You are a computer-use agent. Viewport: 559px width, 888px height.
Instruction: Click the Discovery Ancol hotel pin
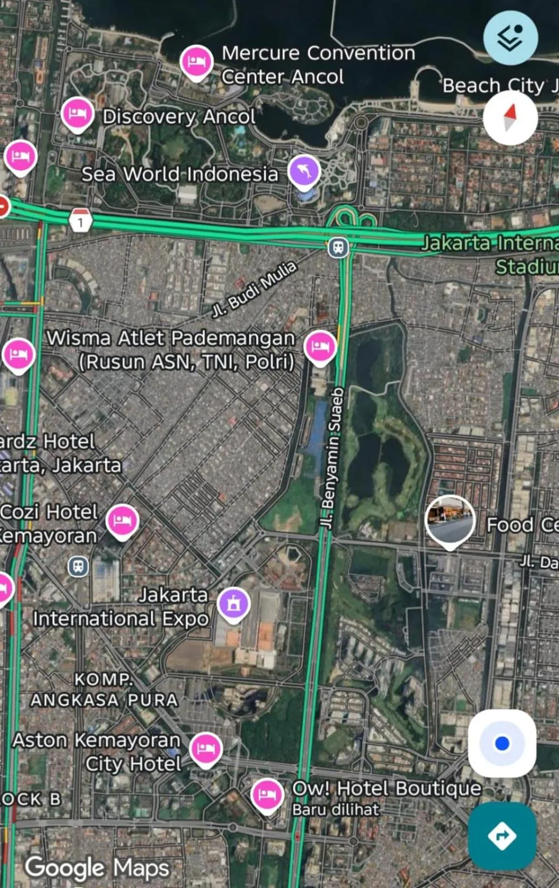pyautogui.click(x=77, y=114)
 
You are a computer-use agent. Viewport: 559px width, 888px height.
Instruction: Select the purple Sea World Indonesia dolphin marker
pyautogui.click(x=304, y=171)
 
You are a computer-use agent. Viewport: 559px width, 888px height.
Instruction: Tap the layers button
pyautogui.click(x=510, y=38)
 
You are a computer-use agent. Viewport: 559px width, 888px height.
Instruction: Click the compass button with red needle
pyautogui.click(x=510, y=118)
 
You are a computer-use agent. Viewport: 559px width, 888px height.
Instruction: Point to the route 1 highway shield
pyautogui.click(x=81, y=221)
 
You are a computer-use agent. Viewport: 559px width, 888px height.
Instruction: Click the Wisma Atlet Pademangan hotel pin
pyautogui.click(x=320, y=347)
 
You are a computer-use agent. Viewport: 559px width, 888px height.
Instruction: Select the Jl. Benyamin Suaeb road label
pyautogui.click(x=332, y=458)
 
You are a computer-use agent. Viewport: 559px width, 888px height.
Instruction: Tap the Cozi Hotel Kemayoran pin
pyautogui.click(x=122, y=521)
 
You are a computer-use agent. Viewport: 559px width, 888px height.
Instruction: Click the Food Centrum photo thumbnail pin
pyautogui.click(x=450, y=520)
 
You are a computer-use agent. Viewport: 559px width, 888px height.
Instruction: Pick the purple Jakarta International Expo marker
pyautogui.click(x=233, y=603)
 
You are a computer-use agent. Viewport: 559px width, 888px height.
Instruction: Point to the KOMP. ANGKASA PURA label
pyautogui.click(x=104, y=689)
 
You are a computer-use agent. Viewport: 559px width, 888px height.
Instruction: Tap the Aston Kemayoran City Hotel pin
pyautogui.click(x=206, y=749)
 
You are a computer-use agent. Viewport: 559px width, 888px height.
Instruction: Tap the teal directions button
pyautogui.click(x=502, y=835)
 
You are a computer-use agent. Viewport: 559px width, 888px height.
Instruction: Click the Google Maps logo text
pyautogui.click(x=97, y=867)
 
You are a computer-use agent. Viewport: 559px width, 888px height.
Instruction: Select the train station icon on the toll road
pyautogui.click(x=338, y=247)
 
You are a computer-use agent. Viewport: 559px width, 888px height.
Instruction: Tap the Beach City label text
pyautogui.click(x=493, y=85)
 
